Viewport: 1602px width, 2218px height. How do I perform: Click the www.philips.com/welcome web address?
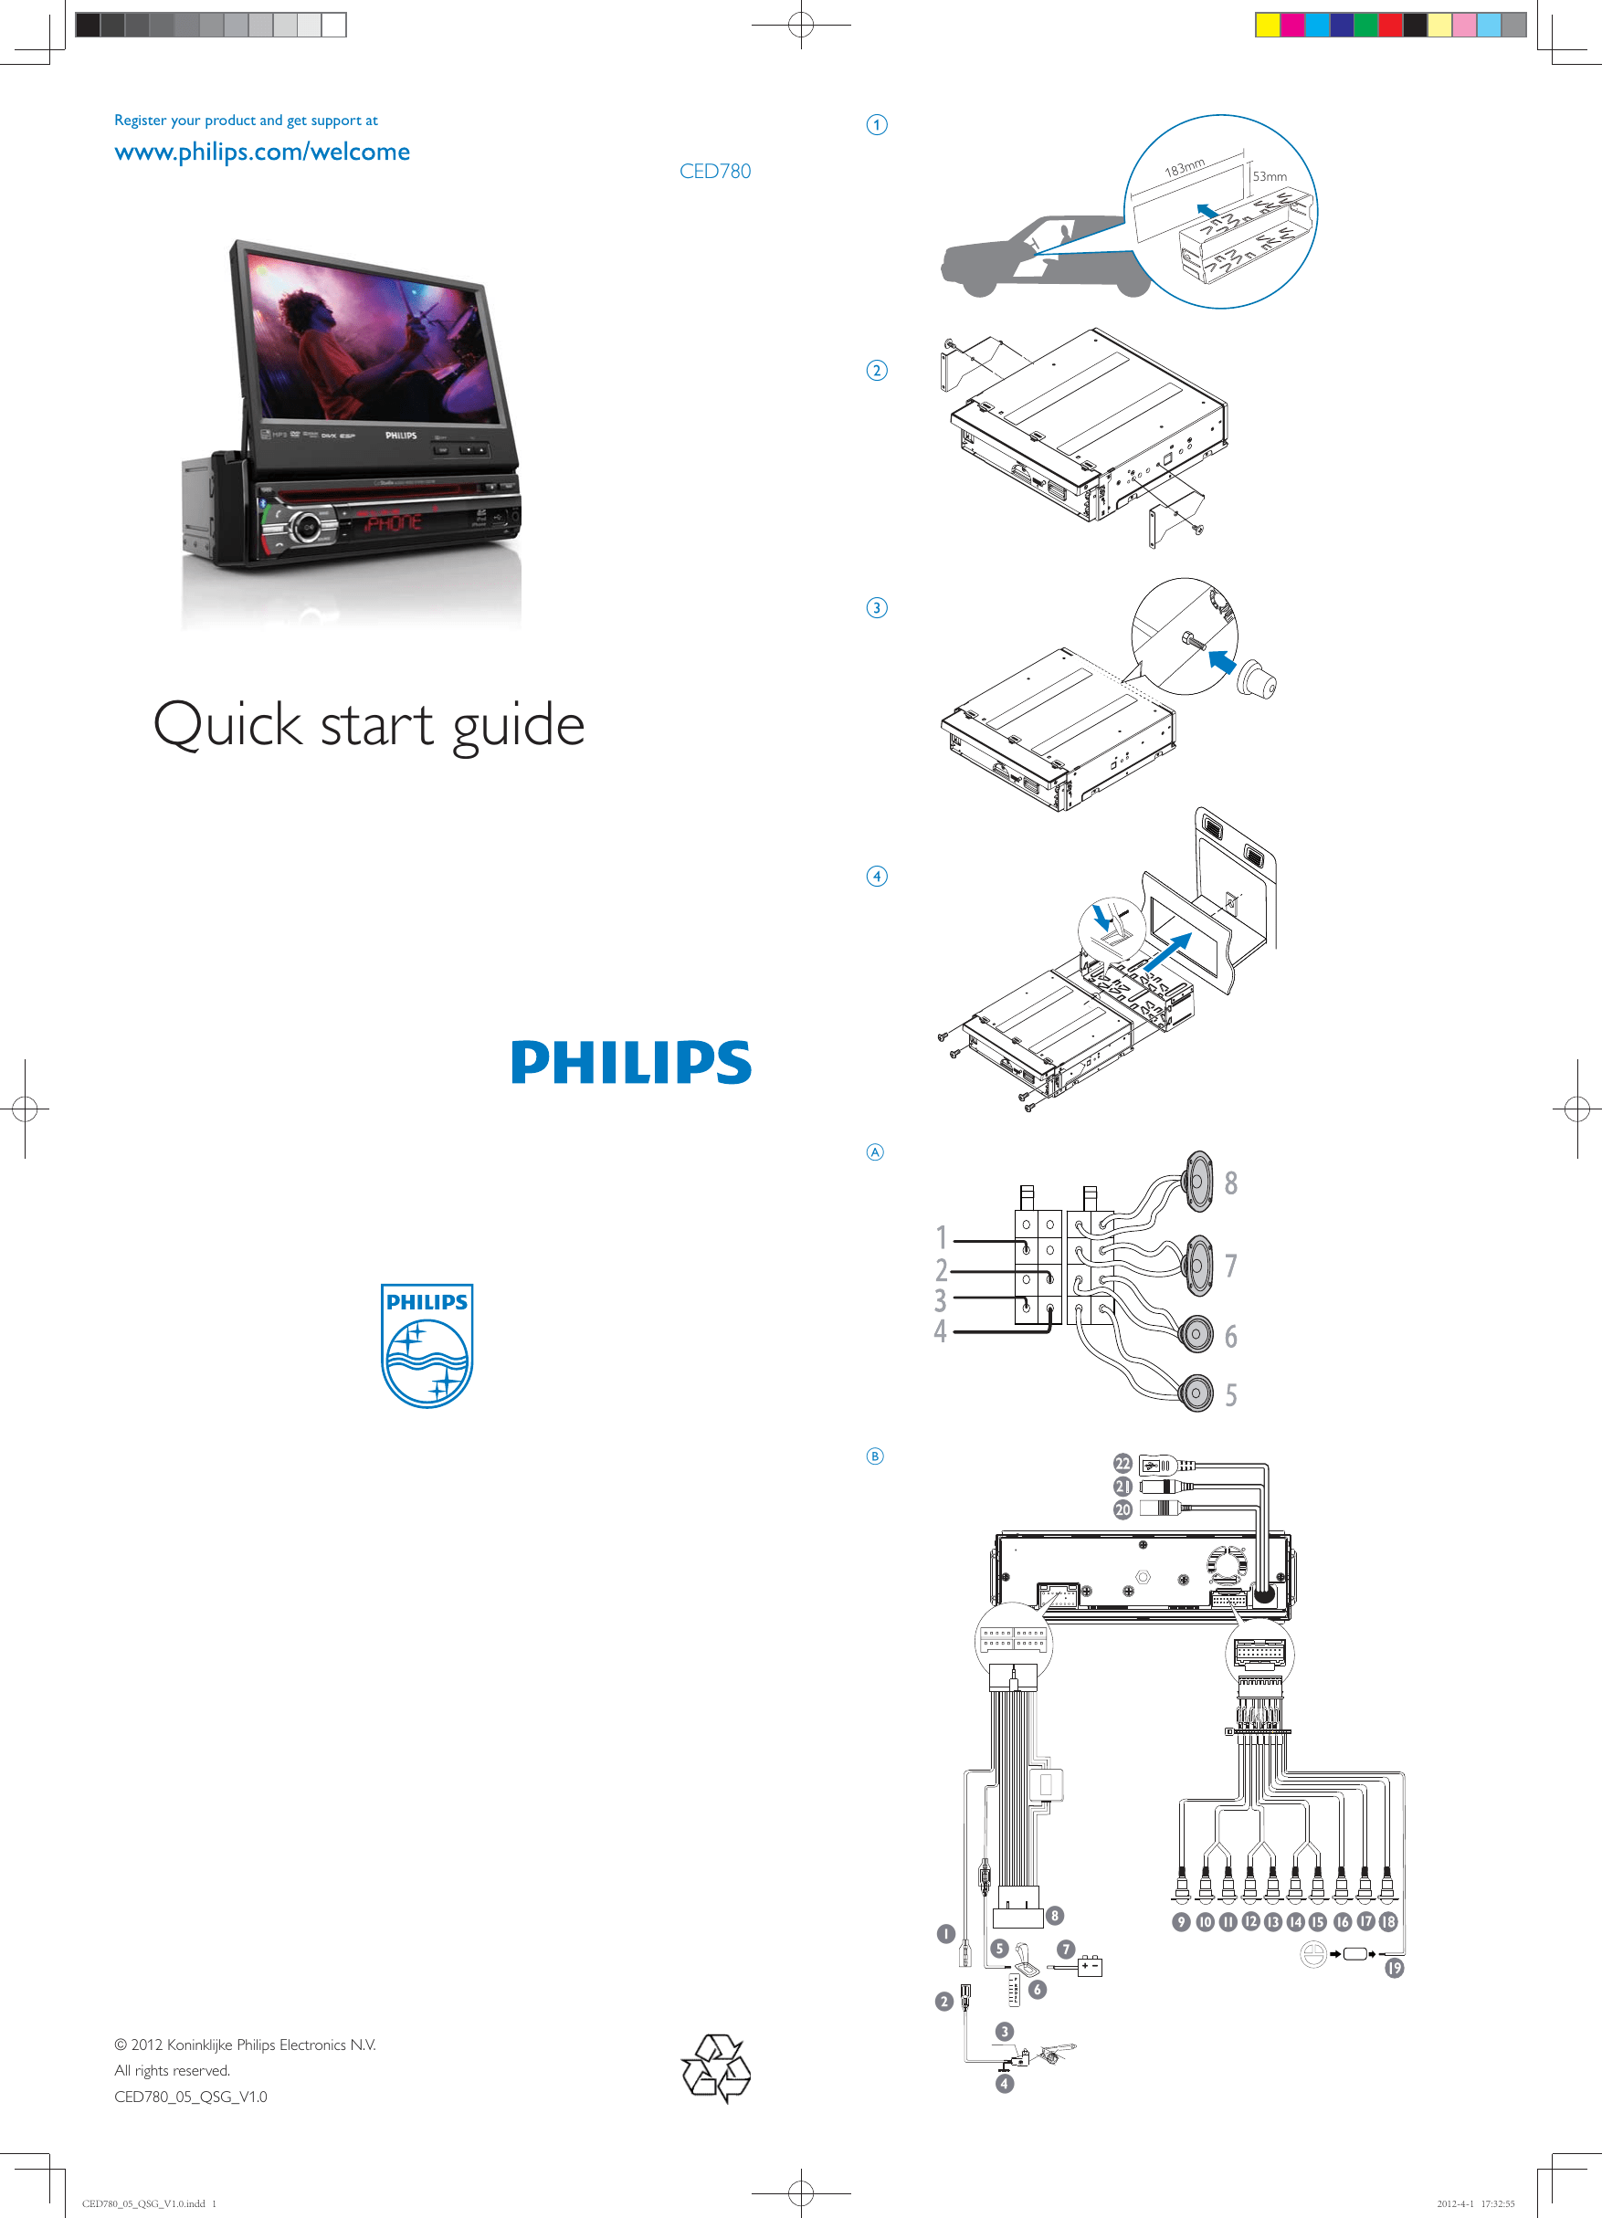click(x=261, y=152)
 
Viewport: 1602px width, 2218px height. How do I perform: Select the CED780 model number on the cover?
click(x=715, y=171)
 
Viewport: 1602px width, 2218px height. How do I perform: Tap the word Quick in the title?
click(x=227, y=725)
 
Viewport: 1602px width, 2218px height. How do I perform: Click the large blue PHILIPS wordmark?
click(x=631, y=1062)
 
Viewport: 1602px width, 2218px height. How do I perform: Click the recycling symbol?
click(x=716, y=2067)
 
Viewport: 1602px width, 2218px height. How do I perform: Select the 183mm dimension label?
click(x=1184, y=168)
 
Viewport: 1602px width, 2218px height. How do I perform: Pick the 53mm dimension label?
click(x=1270, y=177)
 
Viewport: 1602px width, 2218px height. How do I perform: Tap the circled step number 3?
click(x=876, y=607)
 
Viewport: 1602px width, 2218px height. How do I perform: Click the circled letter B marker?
click(x=875, y=1456)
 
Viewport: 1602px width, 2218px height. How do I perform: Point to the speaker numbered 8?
click(x=1198, y=1182)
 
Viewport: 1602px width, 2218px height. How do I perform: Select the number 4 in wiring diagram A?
click(x=940, y=1331)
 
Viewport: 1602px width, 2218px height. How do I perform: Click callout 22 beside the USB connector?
click(x=1122, y=1463)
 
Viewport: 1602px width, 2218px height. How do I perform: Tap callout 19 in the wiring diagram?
click(x=1394, y=1968)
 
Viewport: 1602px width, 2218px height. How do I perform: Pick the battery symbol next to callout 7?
click(x=1090, y=1965)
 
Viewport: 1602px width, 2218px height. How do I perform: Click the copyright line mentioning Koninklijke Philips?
click(x=246, y=2044)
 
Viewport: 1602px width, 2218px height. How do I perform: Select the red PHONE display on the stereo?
click(x=393, y=523)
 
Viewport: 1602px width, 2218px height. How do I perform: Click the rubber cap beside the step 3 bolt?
click(x=1256, y=678)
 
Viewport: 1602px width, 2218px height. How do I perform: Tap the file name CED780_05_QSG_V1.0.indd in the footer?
click(x=143, y=2203)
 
